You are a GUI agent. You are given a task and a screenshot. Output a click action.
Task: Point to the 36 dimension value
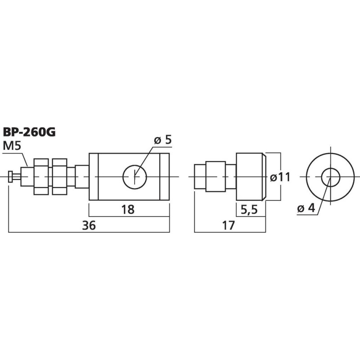[89, 226]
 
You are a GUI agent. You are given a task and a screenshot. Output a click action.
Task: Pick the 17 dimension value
[229, 226]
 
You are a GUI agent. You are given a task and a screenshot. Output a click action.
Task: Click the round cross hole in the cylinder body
[134, 176]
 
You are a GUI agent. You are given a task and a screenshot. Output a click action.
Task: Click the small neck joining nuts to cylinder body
[81, 176]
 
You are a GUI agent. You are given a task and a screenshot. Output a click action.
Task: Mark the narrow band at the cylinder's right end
[165, 176]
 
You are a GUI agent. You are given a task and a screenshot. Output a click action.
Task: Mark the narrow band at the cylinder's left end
[94, 176]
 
